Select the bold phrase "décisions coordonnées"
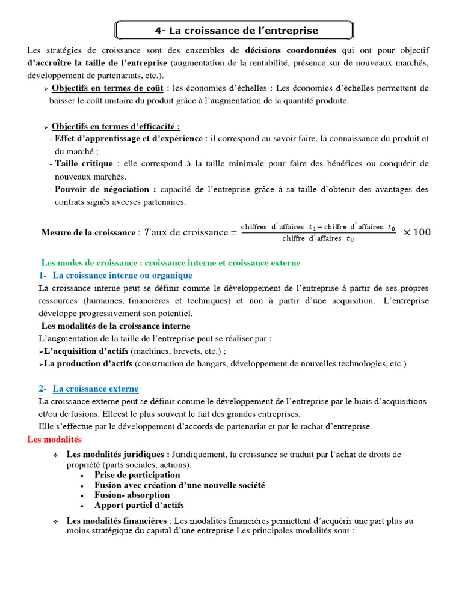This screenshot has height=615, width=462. [291, 50]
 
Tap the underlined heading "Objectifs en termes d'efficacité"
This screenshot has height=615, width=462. [115, 126]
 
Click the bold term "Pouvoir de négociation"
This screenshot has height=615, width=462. [105, 189]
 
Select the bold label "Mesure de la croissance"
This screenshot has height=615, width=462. [88, 232]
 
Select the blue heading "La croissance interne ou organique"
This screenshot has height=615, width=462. [122, 275]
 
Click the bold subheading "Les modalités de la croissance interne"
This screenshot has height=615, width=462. [115, 326]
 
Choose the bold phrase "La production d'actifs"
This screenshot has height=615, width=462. [88, 363]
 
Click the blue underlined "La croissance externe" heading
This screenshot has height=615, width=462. [95, 389]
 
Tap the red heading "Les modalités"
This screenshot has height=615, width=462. [54, 440]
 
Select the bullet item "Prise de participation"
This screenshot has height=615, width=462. [137, 475]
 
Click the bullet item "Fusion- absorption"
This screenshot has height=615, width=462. [132, 495]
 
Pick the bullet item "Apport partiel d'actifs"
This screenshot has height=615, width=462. [139, 505]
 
